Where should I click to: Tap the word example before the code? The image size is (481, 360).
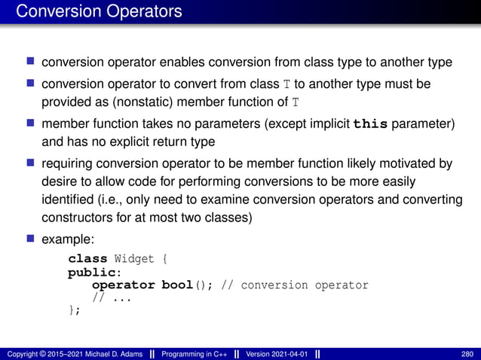point(68,238)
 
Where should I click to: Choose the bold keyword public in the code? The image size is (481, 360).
point(89,272)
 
